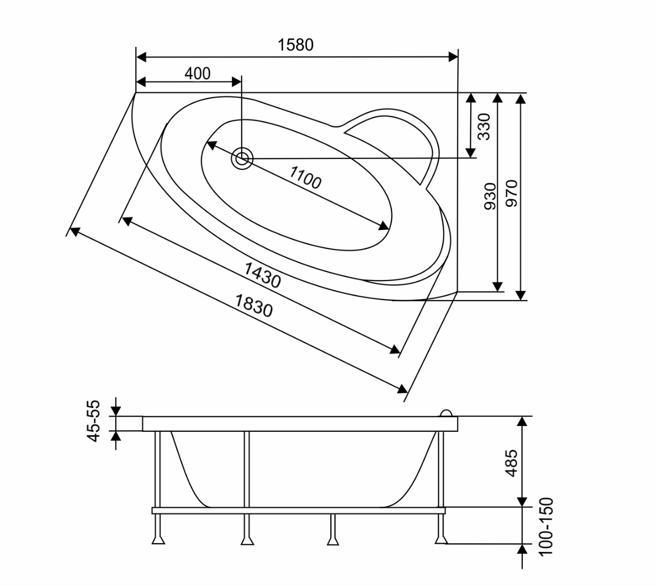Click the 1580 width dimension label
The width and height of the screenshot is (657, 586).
296,45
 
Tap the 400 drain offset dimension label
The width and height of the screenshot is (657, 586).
198,74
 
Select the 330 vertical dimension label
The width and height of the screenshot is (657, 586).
484,126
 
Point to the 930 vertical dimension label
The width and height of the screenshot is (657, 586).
490,196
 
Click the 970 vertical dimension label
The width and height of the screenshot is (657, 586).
511,194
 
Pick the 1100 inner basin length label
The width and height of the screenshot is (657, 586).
305,177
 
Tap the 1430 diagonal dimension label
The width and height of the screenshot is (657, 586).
262,275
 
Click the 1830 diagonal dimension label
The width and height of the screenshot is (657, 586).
254,305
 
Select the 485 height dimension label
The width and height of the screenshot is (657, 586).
511,463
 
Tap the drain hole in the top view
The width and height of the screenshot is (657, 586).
242,159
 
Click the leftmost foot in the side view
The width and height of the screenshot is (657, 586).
158,540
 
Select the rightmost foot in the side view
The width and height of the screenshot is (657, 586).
441,540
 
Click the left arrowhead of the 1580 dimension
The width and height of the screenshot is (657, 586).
141,58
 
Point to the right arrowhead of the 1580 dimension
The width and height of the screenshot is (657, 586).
453,58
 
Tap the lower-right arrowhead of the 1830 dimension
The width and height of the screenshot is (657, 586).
402,389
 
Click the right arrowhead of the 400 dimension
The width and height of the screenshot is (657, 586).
236,82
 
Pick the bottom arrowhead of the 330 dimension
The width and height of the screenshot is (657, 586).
470,153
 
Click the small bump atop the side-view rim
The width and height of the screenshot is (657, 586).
446,413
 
